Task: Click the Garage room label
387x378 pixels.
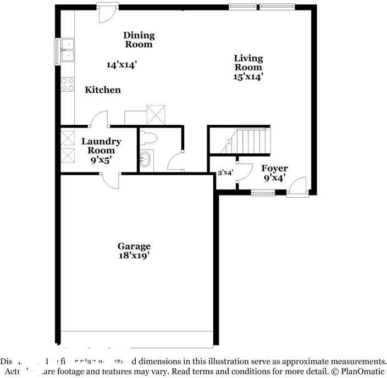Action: [x=134, y=246]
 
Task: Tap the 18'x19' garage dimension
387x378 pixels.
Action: [x=134, y=255]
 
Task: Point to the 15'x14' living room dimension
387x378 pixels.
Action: [x=248, y=77]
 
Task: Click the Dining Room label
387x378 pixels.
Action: [x=139, y=40]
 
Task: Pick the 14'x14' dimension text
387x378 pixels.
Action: [x=121, y=65]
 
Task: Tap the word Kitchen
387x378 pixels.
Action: [x=103, y=90]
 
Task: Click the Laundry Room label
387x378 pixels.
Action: [x=101, y=146]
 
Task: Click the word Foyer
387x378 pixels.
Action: [x=274, y=169]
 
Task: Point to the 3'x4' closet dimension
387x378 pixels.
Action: [x=225, y=173]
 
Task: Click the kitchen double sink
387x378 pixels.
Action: [x=69, y=49]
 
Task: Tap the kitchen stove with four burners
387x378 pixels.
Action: [x=68, y=84]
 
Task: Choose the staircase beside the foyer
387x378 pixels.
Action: [x=250, y=141]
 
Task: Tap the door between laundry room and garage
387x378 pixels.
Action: [x=110, y=180]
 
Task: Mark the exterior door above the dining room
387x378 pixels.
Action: [x=106, y=13]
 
